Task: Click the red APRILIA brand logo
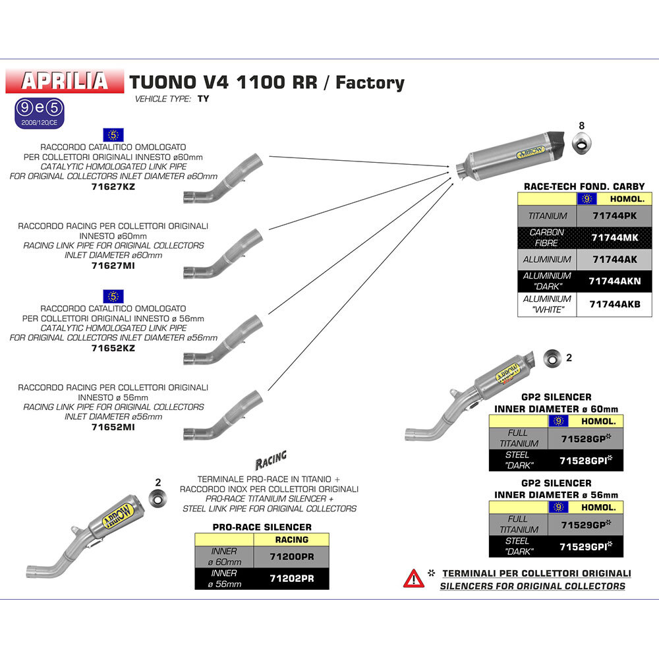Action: [65, 80]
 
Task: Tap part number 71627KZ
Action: [113, 186]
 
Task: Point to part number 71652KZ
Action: [113, 348]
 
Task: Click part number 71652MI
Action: [113, 427]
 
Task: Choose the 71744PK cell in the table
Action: [614, 215]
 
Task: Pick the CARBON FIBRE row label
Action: [547, 238]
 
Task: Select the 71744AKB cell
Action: [614, 304]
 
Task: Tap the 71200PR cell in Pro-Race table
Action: [290, 557]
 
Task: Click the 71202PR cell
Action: [290, 578]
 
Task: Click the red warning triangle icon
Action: [414, 578]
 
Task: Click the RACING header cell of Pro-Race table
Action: [290, 539]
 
